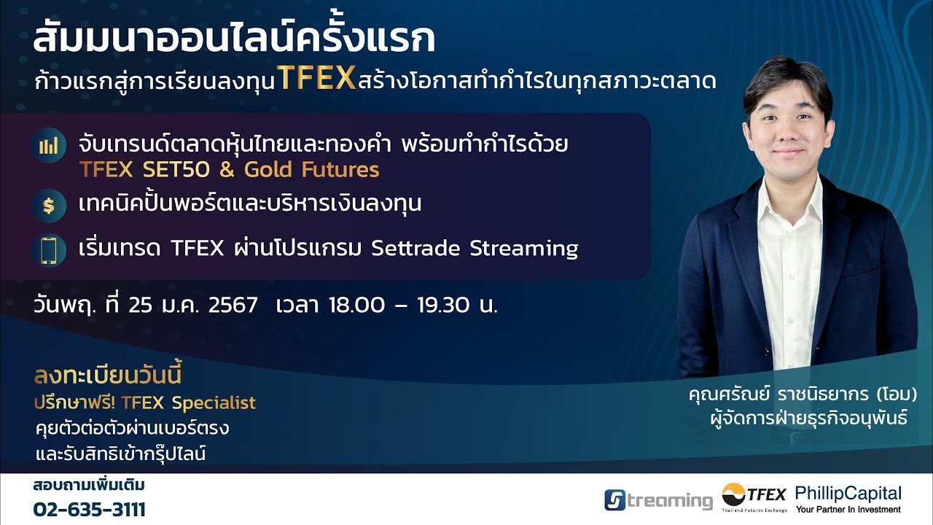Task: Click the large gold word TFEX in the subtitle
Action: (316, 79)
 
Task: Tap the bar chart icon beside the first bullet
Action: (49, 146)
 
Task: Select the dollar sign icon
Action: (49, 206)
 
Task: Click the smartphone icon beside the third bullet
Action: (49, 250)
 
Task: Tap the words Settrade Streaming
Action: (475, 249)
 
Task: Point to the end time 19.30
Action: (442, 305)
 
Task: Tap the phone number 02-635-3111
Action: (89, 509)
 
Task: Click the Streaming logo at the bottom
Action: (658, 500)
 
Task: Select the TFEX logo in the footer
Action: (754, 498)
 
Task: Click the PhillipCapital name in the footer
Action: (848, 493)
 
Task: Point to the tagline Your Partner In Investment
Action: (848, 510)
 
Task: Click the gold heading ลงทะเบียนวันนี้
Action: (107, 376)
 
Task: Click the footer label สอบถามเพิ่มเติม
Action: (89, 486)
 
